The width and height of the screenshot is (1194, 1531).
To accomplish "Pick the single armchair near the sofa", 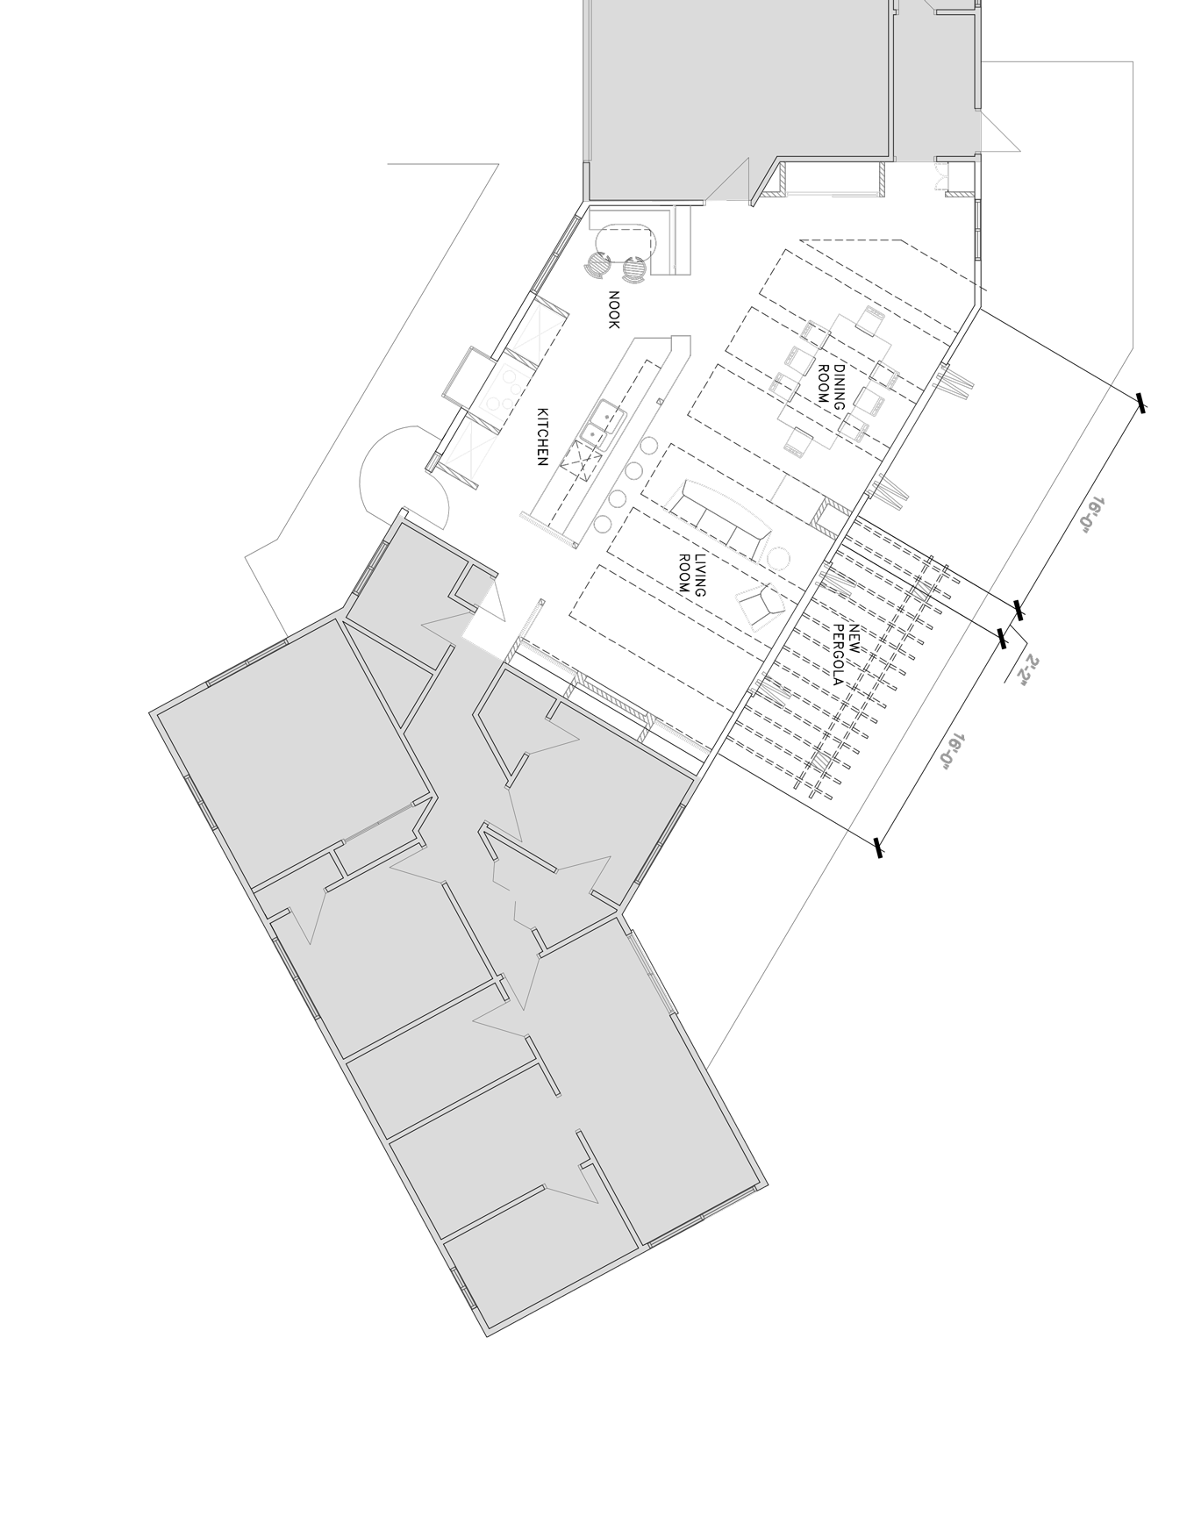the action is [x=760, y=605].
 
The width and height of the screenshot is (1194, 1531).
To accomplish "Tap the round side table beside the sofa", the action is [x=778, y=558].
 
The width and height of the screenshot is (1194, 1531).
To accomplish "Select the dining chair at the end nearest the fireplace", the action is [x=797, y=444].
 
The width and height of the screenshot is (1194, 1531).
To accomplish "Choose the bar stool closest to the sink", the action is [x=648, y=445].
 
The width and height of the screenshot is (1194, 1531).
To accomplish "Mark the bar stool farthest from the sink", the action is [x=602, y=525].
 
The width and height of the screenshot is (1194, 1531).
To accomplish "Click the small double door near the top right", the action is [x=942, y=177].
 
